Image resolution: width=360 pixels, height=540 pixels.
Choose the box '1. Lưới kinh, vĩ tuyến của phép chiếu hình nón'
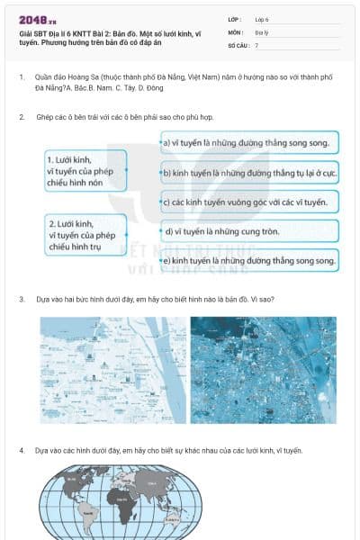pos(85,168)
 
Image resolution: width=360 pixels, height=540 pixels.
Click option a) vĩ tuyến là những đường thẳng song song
pos(250,142)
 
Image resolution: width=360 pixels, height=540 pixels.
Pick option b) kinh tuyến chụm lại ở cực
pos(250,172)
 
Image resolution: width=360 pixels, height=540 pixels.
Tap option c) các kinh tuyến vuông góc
pos(250,202)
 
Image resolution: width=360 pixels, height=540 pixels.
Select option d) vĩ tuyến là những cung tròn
pos(250,231)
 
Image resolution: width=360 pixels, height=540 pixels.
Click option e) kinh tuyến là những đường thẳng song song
pos(250,261)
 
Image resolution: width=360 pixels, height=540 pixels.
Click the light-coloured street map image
pos(112,369)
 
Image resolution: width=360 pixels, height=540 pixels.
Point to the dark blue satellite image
pos(263,369)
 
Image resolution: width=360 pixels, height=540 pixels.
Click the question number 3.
pos(22,299)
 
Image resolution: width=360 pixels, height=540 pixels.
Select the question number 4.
pos(22,449)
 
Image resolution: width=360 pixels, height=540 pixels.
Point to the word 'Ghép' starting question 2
pos(45,117)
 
